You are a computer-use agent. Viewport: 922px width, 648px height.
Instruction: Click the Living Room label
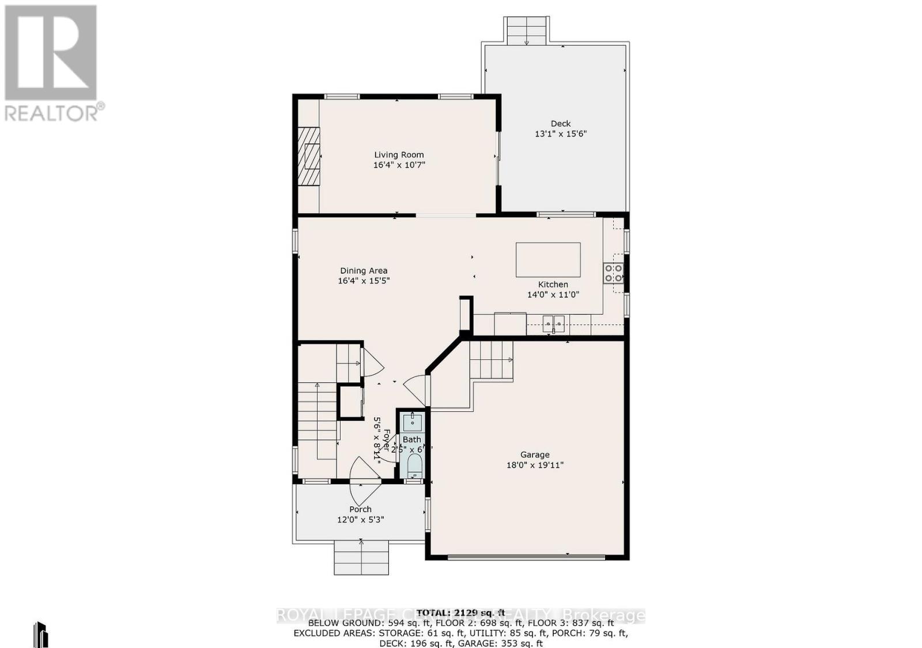pyautogui.click(x=399, y=154)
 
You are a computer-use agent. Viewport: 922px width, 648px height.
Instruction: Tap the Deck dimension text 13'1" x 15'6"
pyautogui.click(x=560, y=134)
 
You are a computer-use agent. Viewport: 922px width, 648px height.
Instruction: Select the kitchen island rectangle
pyautogui.click(x=547, y=260)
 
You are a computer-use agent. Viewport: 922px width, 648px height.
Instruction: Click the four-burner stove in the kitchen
pyautogui.click(x=613, y=273)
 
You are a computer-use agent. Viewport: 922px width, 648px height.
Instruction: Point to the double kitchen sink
pyautogui.click(x=553, y=324)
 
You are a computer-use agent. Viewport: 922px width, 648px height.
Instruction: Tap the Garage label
pyautogui.click(x=534, y=454)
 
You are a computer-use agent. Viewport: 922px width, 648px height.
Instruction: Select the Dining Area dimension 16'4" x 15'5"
pyautogui.click(x=364, y=281)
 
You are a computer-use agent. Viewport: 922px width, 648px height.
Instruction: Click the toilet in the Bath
pyautogui.click(x=414, y=464)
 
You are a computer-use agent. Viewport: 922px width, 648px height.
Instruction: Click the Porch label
pyautogui.click(x=360, y=509)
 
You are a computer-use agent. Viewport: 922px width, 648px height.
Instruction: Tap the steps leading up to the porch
pyautogui.click(x=361, y=558)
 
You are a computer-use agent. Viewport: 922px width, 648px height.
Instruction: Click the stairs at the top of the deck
pyautogui.click(x=526, y=31)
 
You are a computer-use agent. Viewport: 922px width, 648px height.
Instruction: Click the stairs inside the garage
pyautogui.click(x=490, y=360)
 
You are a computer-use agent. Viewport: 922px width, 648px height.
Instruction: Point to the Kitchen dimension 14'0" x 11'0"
pyautogui.click(x=553, y=294)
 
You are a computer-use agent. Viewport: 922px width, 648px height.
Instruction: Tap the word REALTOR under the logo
pyautogui.click(x=52, y=113)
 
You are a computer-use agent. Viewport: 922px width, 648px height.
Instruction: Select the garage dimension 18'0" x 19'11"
pyautogui.click(x=534, y=465)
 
